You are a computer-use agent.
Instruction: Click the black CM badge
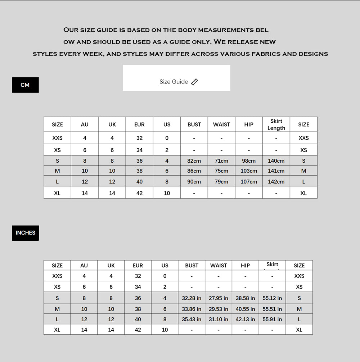pos(25,85)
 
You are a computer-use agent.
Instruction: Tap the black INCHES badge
pos(26,233)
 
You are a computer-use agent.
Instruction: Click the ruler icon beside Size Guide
pos(194,82)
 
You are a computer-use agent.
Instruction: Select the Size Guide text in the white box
pos(174,82)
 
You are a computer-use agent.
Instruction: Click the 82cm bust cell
pos(194,161)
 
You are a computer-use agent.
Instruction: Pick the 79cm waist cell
pos(221,182)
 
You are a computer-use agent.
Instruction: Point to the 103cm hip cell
pos(249,171)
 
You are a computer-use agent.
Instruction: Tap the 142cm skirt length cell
pos(276,182)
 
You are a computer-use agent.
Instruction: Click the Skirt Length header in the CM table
pos(276,125)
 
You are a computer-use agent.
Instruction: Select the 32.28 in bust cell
pos(192,298)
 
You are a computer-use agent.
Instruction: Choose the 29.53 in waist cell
pos(219,309)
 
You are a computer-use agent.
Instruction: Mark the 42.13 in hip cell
pos(245,319)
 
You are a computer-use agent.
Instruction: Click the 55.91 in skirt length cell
pos(272,319)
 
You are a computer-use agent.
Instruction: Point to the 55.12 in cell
pos(272,298)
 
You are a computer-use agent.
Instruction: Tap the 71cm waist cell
pos(221,161)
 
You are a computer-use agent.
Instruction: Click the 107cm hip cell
pos(249,182)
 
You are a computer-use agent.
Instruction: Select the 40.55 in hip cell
pos(245,309)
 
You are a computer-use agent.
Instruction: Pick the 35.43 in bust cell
pos(192,319)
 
